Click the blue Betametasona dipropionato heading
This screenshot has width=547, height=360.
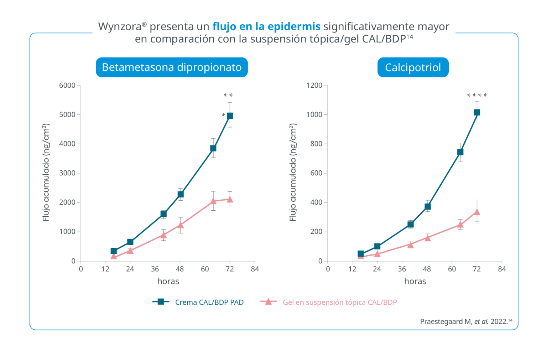(x=172, y=67)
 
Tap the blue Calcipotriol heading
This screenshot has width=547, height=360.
(x=413, y=67)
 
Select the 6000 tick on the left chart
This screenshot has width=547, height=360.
(x=67, y=85)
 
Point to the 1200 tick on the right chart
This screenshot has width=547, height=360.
(x=314, y=85)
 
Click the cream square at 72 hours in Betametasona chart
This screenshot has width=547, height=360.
(x=230, y=115)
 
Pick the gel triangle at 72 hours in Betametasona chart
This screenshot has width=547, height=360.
(x=230, y=199)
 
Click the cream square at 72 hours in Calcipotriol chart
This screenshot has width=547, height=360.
(x=477, y=112)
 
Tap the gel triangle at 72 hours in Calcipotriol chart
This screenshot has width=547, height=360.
(x=477, y=212)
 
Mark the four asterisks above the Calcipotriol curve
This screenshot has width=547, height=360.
(x=477, y=96)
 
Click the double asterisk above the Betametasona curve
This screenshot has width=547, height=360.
(x=228, y=96)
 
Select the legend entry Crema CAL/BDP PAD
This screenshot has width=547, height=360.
(x=209, y=302)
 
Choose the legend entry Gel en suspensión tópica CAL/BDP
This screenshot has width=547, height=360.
(x=339, y=302)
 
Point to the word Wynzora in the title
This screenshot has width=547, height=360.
(x=120, y=27)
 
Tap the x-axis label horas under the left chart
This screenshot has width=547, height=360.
(x=168, y=281)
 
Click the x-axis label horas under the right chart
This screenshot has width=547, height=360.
(x=415, y=281)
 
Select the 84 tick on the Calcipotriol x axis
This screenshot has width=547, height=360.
(x=502, y=269)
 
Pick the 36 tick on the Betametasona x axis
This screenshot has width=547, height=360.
(x=155, y=269)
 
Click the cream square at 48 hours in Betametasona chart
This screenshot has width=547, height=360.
(x=181, y=194)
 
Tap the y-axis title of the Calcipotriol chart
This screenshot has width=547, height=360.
(x=293, y=173)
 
